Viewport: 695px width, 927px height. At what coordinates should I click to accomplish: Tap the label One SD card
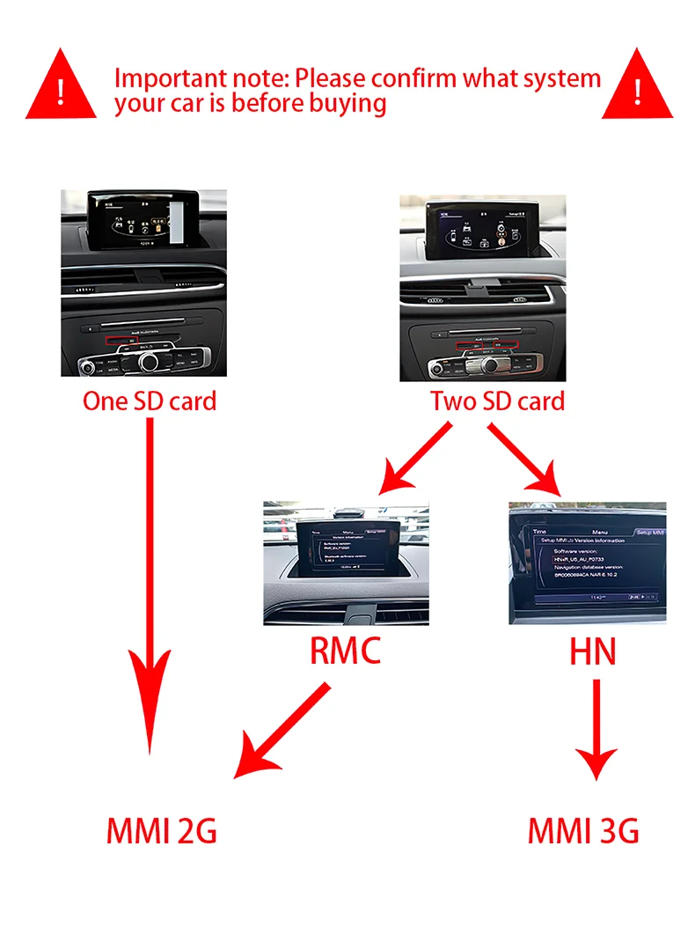(149, 401)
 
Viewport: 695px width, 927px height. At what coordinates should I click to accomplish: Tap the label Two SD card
(497, 401)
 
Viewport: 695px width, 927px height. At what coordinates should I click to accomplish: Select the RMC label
(346, 651)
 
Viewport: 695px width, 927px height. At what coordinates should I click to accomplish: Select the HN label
(591, 651)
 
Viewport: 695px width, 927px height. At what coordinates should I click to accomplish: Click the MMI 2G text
(161, 830)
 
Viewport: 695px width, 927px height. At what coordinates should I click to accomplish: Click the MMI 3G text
(583, 830)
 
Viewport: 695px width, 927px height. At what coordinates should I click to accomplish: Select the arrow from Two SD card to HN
(526, 458)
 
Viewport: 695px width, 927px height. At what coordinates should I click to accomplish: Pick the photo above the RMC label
(346, 563)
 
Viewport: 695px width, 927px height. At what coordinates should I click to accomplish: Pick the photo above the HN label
(587, 563)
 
